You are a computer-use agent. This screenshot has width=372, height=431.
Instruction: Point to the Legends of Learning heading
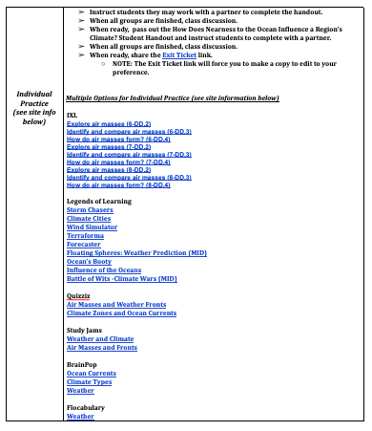click(x=99, y=202)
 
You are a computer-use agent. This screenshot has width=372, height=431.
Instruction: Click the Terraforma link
click(x=86, y=235)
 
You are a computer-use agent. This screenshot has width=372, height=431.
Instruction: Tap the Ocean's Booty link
click(x=89, y=261)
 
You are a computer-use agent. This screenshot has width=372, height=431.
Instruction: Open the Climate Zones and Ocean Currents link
click(x=121, y=313)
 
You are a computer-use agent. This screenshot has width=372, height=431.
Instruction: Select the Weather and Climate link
click(x=100, y=339)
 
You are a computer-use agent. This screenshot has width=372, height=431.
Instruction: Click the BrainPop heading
click(x=82, y=364)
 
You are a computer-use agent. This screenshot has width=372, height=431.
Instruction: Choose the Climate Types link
click(x=90, y=381)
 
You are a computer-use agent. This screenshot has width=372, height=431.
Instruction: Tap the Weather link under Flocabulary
click(x=80, y=417)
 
